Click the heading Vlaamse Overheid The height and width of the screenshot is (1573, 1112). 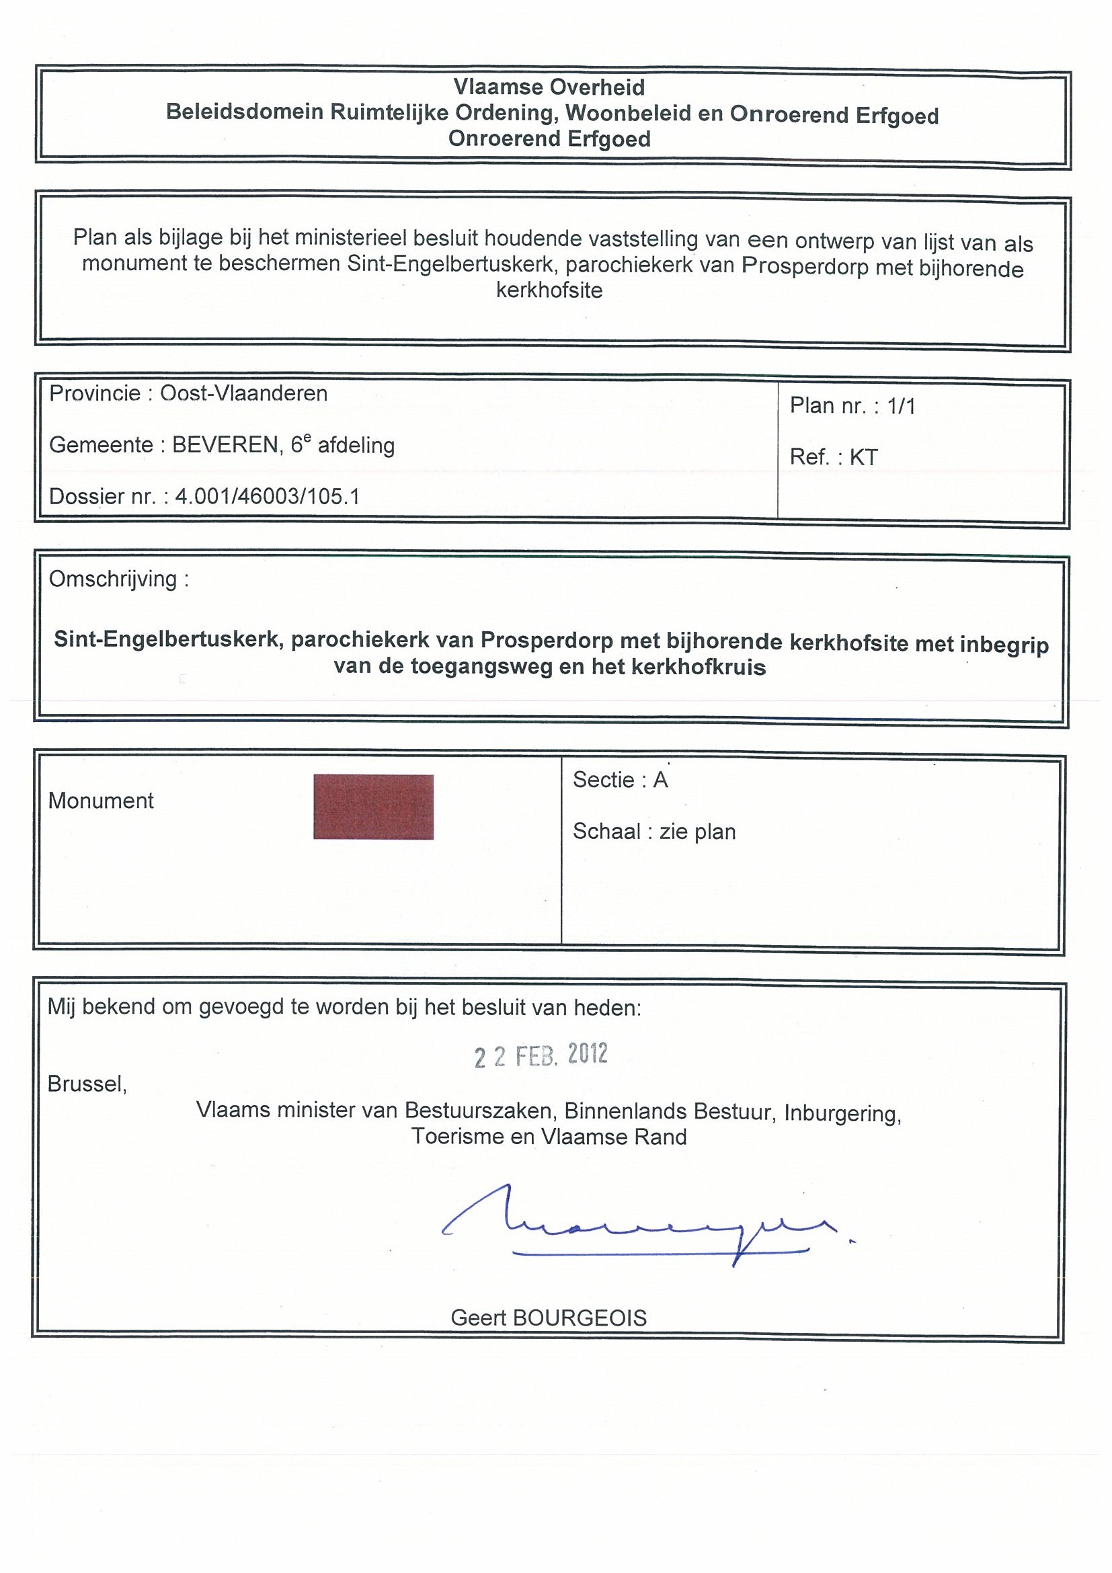(549, 87)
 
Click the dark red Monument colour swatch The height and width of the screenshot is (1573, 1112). (373, 807)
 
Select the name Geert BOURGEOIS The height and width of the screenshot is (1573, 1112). (549, 1318)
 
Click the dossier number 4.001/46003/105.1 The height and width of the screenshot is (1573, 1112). (267, 496)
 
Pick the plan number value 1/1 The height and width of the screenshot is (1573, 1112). (901, 406)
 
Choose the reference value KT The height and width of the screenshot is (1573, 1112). (863, 457)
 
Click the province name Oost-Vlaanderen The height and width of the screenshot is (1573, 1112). (244, 393)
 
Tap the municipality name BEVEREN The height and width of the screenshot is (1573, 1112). (225, 445)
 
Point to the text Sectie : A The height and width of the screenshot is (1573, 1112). (620, 780)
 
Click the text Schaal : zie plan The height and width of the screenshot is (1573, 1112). (654, 832)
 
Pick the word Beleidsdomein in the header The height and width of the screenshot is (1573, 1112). (245, 112)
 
